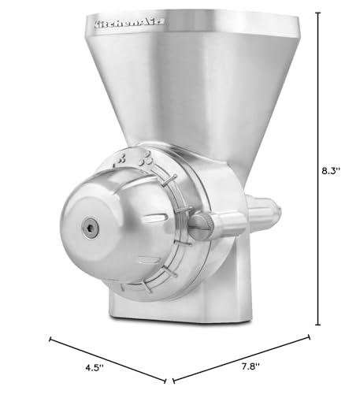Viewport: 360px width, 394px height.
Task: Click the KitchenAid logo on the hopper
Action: [x=128, y=24]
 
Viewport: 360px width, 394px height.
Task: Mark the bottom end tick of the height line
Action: [x=318, y=324]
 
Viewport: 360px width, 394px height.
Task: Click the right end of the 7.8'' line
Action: [x=309, y=339]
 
